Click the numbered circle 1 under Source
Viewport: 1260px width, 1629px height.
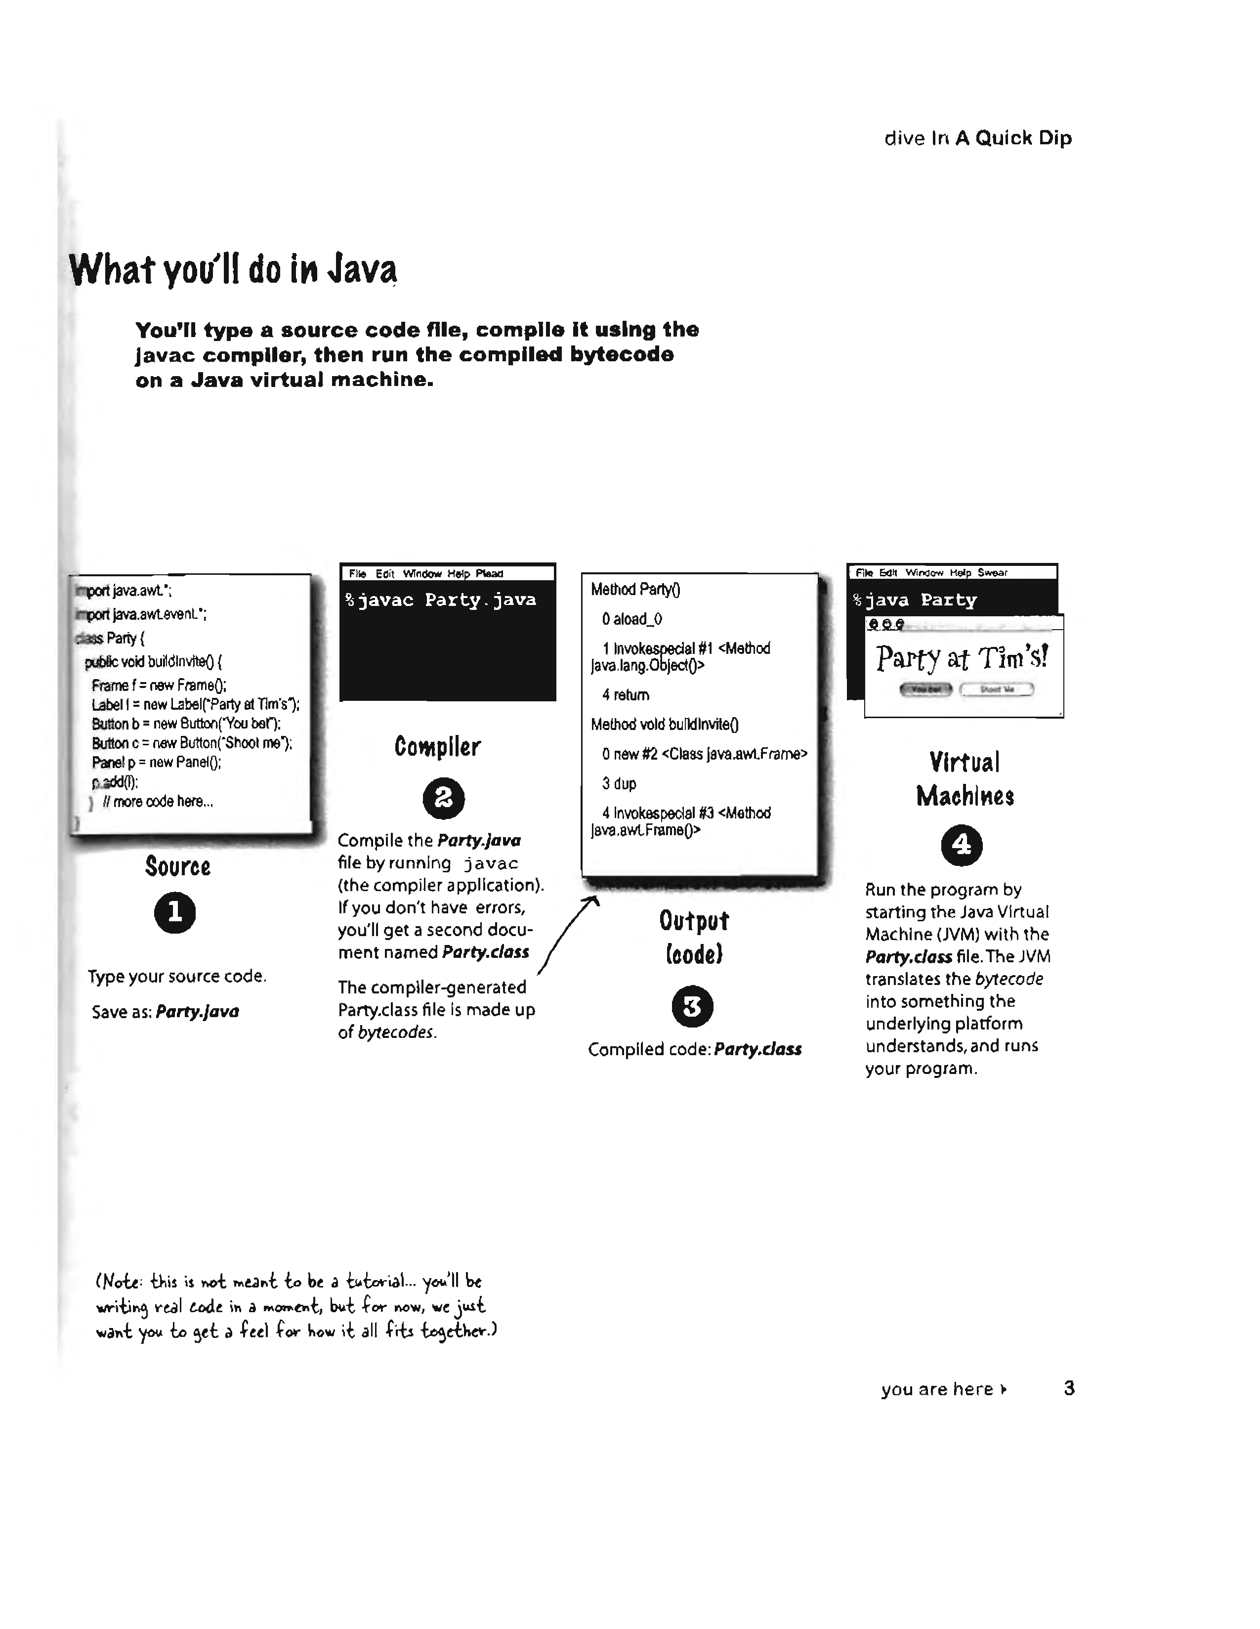click(x=175, y=912)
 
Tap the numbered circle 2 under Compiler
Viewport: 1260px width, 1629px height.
click(x=444, y=798)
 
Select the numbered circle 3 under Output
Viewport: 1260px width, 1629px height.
click(x=693, y=1006)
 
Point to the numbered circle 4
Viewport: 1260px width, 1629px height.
click(x=962, y=845)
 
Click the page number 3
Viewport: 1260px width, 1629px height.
click(x=1069, y=1388)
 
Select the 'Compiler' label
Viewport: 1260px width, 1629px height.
click(x=438, y=747)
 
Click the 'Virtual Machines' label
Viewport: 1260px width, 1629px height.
click(x=965, y=779)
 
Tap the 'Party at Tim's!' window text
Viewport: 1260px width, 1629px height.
click(x=962, y=657)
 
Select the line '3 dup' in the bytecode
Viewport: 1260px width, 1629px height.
click(x=619, y=784)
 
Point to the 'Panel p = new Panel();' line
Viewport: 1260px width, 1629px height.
click(x=157, y=762)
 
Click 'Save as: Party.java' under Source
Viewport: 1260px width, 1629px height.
click(x=166, y=1011)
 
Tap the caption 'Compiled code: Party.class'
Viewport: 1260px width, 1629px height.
click(x=694, y=1049)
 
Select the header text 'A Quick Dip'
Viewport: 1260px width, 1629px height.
click(x=1013, y=138)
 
